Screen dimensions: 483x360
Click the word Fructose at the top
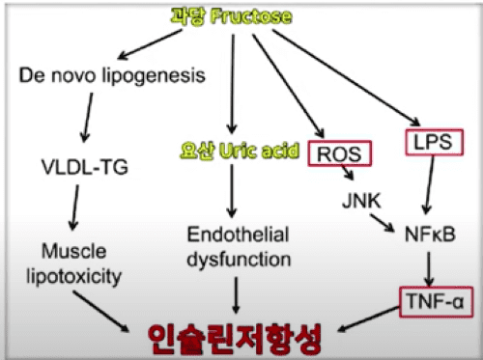[x=251, y=16]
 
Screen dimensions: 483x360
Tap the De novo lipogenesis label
[x=112, y=76]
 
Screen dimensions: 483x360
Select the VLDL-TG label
[x=85, y=167]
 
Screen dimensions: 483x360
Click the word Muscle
[x=74, y=251]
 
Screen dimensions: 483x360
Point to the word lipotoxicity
[x=73, y=277]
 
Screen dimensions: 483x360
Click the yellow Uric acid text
[x=259, y=151]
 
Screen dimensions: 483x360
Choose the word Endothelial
[x=238, y=235]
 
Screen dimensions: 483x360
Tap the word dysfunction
[x=239, y=260]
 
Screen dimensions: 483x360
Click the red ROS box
[x=340, y=153]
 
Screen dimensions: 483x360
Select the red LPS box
[x=434, y=142]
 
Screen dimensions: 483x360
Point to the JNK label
[x=361, y=201]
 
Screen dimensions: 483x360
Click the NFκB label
[x=430, y=235]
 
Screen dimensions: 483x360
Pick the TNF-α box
[x=437, y=302]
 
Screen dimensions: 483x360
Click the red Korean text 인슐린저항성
[x=235, y=339]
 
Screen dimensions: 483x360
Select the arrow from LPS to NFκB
[x=430, y=185]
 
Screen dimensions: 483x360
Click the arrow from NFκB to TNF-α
[x=429, y=269]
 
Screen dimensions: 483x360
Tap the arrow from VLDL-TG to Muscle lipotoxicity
[x=74, y=208]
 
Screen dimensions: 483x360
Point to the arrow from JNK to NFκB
[x=383, y=223]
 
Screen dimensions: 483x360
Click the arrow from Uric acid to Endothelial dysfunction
[x=232, y=191]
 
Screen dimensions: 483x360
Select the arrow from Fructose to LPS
[x=347, y=77]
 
